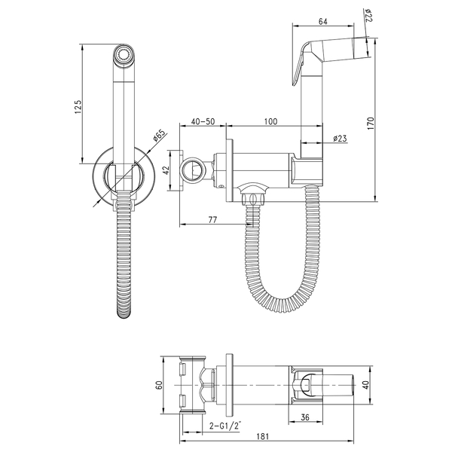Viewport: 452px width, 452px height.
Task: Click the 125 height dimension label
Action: pyautogui.click(x=78, y=106)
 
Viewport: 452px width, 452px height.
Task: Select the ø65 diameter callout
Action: pyautogui.click(x=160, y=136)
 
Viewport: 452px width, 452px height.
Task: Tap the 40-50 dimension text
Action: pyautogui.click(x=203, y=121)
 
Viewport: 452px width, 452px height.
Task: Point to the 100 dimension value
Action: pyautogui.click(x=270, y=121)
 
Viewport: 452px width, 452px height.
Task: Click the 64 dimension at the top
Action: pyautogui.click(x=323, y=22)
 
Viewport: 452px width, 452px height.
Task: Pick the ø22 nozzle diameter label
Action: pyautogui.click(x=368, y=16)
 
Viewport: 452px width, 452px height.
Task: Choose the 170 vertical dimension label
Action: pyautogui.click(x=371, y=123)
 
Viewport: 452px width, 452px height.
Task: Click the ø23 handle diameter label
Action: pyautogui.click(x=340, y=139)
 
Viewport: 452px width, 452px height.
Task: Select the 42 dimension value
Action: pyautogui.click(x=166, y=171)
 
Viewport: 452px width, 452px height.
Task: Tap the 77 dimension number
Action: pyautogui.click(x=212, y=219)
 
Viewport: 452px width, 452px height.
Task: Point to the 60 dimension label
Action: pyautogui.click(x=159, y=385)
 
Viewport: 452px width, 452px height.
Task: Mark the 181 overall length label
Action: pyautogui.click(x=262, y=436)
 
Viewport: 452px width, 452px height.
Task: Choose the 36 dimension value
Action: pyautogui.click(x=304, y=417)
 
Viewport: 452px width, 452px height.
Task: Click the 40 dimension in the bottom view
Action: pyautogui.click(x=365, y=385)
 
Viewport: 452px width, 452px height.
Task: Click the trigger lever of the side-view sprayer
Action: pyautogui.click(x=300, y=64)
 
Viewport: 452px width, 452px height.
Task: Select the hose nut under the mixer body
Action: pyautogui.click(x=253, y=200)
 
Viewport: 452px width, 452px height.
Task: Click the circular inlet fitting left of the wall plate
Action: pyautogui.click(x=192, y=170)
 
